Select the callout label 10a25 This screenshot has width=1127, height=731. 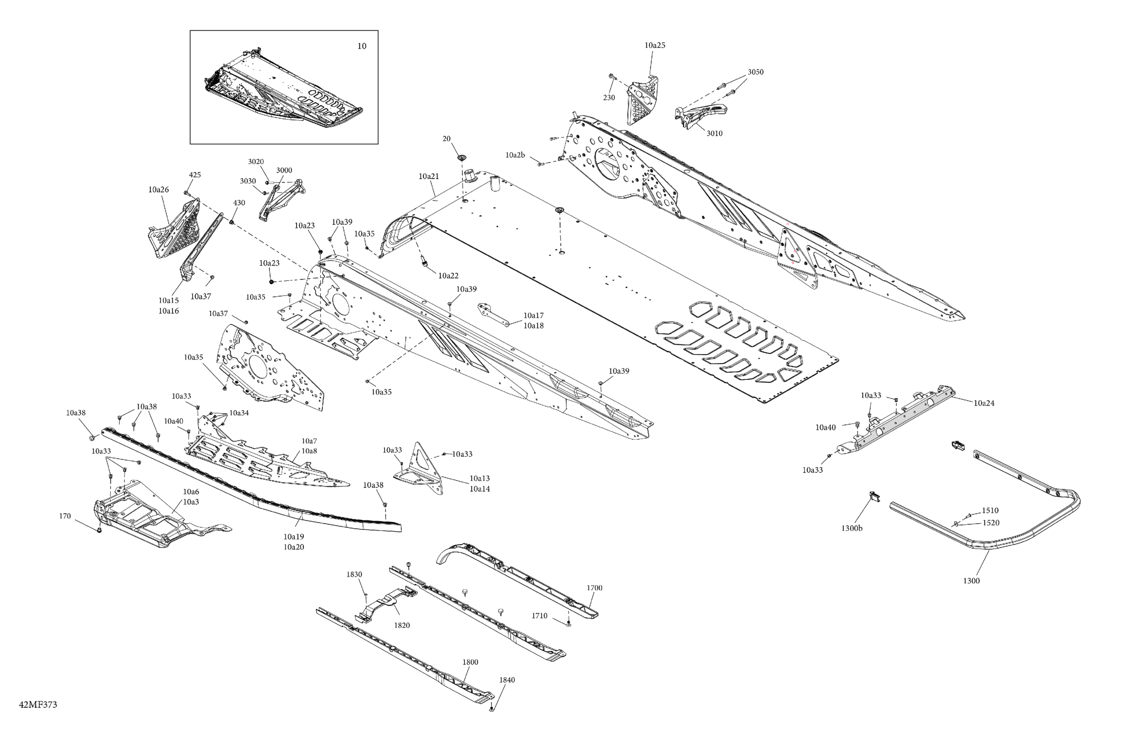pyautogui.click(x=655, y=46)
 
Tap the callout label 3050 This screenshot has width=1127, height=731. pyautogui.click(x=755, y=72)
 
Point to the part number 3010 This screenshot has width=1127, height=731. pyautogui.click(x=714, y=134)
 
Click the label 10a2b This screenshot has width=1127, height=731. pyautogui.click(x=515, y=155)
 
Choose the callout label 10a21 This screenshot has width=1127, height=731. pyautogui.click(x=429, y=176)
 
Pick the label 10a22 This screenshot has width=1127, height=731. pyautogui.click(x=448, y=276)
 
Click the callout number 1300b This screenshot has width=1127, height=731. pyautogui.click(x=851, y=528)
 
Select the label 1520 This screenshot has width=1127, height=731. pyautogui.click(x=991, y=523)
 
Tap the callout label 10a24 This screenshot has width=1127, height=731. pyautogui.click(x=983, y=403)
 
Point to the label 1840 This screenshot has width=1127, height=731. pyautogui.click(x=507, y=680)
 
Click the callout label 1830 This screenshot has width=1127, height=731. pyautogui.click(x=354, y=574)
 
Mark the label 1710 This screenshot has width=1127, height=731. pyautogui.click(x=539, y=616)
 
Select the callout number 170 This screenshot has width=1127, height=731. pyautogui.click(x=65, y=516)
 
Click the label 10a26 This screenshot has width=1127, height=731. pyautogui.click(x=158, y=190)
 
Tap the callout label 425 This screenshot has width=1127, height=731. pyautogui.click(x=195, y=175)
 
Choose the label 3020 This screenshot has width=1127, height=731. pyautogui.click(x=256, y=162)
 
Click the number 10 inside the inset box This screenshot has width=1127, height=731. pyautogui.click(x=361, y=46)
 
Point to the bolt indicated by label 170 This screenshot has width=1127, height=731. pyautogui.click(x=99, y=530)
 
